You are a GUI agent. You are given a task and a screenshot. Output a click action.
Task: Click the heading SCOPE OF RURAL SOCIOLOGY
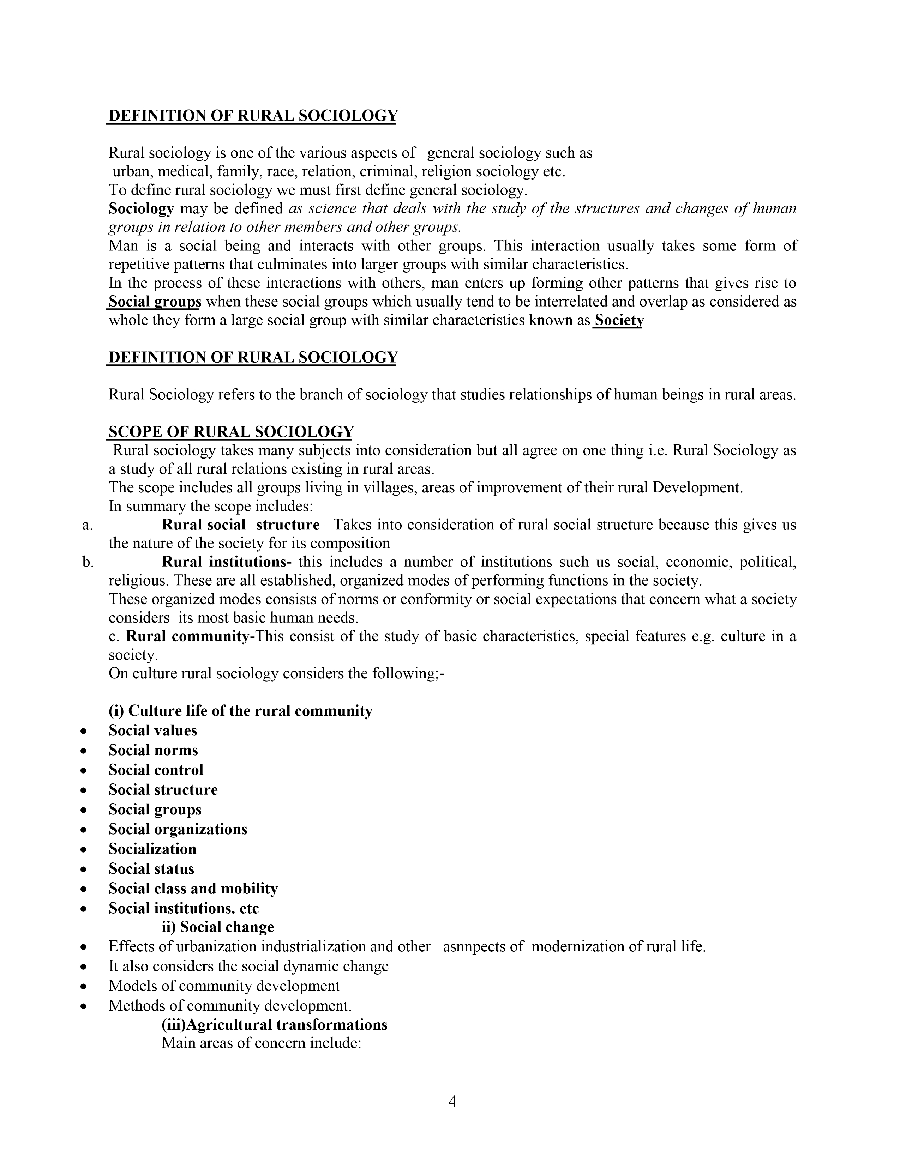point(231,432)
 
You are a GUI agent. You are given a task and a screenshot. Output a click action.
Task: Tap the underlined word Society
point(619,320)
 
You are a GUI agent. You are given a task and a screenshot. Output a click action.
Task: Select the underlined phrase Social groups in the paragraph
point(155,302)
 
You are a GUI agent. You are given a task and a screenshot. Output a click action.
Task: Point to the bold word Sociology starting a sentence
point(141,208)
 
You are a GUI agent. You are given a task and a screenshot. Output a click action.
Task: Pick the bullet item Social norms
point(154,750)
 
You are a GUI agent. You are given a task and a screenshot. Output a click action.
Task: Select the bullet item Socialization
point(152,849)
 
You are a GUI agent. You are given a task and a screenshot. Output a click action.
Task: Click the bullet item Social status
point(151,869)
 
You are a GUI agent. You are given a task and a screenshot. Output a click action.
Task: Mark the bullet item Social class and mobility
point(193,889)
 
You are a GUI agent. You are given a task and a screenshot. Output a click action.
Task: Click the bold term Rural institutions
point(224,562)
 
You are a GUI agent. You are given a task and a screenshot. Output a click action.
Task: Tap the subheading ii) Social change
point(217,927)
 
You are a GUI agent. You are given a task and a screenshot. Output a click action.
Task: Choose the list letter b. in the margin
point(88,562)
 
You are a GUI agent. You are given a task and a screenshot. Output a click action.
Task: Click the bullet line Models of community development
point(224,986)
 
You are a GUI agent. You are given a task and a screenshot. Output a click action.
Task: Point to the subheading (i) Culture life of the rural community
point(240,711)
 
